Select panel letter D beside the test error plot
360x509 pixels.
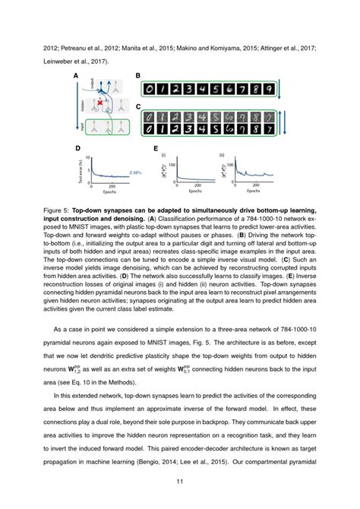[77, 149]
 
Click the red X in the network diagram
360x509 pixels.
[99, 101]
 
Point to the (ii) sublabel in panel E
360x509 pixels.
[221, 155]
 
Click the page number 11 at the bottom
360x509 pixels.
[180, 481]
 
